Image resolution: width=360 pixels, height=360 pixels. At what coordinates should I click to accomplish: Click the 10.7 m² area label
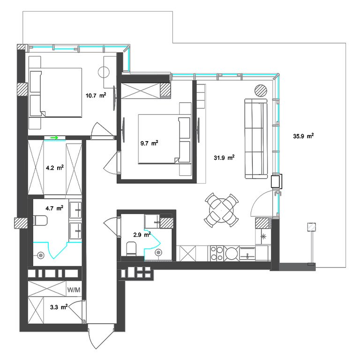click(x=96, y=95)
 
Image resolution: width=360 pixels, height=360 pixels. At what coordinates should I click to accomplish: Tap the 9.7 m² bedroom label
click(x=149, y=143)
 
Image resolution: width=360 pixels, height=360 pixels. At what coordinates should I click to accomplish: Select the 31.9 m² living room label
click(x=224, y=157)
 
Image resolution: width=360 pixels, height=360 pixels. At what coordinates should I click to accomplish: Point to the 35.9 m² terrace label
click(x=303, y=136)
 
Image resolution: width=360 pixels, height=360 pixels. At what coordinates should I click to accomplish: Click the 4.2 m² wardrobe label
click(x=55, y=168)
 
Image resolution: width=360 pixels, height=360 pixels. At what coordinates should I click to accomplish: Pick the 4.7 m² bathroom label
click(x=54, y=208)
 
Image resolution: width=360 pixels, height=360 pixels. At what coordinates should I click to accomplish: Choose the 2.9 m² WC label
click(x=142, y=235)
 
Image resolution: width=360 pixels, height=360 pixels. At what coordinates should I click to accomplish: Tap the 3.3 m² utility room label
click(x=59, y=307)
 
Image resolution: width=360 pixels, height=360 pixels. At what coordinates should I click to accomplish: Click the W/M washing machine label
click(x=74, y=290)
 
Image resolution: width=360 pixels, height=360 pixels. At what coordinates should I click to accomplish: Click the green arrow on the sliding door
click(x=54, y=137)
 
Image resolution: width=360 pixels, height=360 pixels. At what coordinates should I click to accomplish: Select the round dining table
click(x=221, y=210)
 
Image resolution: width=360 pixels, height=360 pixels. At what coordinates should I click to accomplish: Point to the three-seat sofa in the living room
click(x=256, y=139)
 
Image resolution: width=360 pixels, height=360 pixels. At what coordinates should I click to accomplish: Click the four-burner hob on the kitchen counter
click(x=217, y=253)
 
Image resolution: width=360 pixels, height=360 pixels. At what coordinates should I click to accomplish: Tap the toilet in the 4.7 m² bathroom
click(x=40, y=221)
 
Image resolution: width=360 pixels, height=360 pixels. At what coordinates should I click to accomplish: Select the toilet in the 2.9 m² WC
click(x=131, y=249)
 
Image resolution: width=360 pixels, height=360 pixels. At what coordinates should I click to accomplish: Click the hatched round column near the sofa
click(x=261, y=90)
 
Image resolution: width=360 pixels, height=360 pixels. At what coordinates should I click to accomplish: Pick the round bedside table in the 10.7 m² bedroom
click(x=104, y=72)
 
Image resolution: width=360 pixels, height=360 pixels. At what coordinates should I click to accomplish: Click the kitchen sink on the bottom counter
click(x=247, y=254)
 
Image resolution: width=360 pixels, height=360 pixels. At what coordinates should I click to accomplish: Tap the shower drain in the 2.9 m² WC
click(x=158, y=253)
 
